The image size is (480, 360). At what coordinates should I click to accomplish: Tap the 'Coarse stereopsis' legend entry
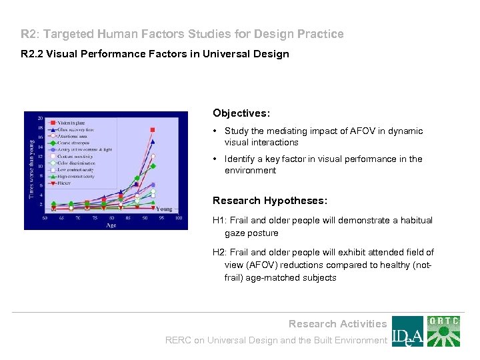click(x=72, y=142)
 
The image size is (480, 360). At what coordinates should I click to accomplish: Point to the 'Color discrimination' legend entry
click(x=75, y=162)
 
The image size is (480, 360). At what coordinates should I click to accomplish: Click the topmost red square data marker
click(x=153, y=129)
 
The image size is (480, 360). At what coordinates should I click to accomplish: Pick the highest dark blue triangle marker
click(x=153, y=141)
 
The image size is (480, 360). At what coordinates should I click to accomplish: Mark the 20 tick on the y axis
click(x=41, y=119)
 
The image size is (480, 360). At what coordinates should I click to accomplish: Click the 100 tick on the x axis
click(x=178, y=218)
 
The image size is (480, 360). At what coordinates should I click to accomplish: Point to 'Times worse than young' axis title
click(x=31, y=167)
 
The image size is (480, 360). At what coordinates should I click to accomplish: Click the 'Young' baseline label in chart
click(x=164, y=209)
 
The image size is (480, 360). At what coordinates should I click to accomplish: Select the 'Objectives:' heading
click(x=241, y=114)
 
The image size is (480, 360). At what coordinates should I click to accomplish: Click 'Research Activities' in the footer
click(x=337, y=324)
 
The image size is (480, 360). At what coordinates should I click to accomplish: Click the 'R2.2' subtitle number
click(x=30, y=54)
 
